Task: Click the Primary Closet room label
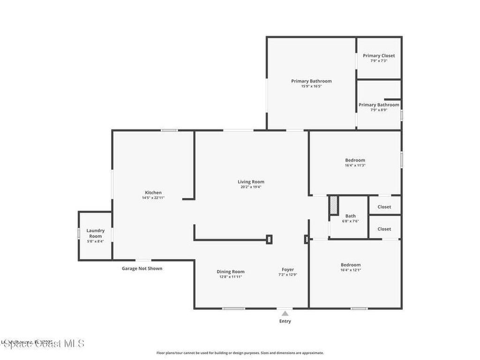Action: coord(379,56)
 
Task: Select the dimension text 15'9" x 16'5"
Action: coord(311,86)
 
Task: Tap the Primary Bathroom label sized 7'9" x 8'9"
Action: coord(379,105)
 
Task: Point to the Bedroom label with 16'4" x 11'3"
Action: coord(355,160)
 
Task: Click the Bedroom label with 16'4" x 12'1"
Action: coord(351,265)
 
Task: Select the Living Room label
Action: coord(251,182)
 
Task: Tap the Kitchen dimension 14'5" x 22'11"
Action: coord(153,198)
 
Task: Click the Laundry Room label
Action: coord(96,233)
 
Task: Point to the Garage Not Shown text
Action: coord(142,269)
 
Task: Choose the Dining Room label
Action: coord(231,272)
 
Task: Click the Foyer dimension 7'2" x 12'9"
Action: coord(288,275)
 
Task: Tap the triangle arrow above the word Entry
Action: coord(285,313)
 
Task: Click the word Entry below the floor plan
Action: coord(285,321)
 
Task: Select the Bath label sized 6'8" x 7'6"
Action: coord(351,216)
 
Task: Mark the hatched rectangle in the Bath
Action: coord(333,205)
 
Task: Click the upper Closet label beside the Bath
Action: coord(384,207)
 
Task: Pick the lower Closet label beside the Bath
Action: coord(384,229)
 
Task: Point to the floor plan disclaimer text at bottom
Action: coord(240,353)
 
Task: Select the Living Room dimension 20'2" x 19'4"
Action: coord(251,187)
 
